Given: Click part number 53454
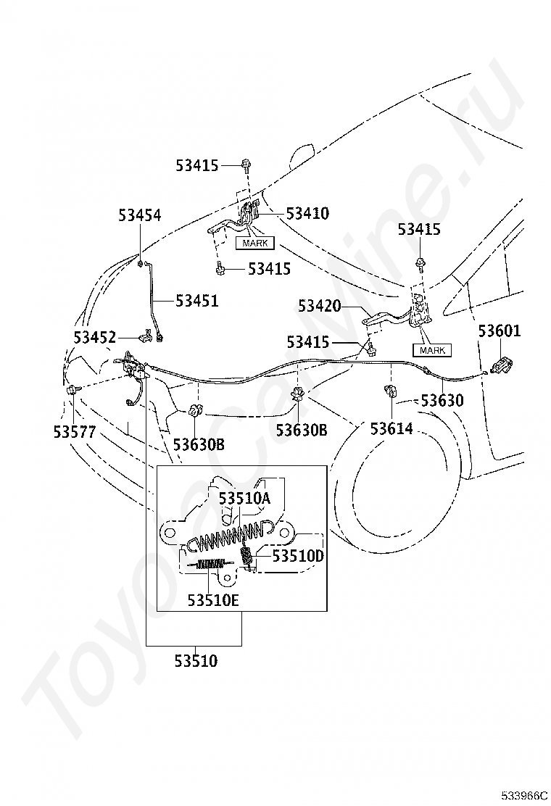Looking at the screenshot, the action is tap(140, 215).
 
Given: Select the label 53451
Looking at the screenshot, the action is tap(197, 301).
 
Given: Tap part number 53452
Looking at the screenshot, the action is tap(95, 338).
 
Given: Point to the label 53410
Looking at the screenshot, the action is tap(307, 213).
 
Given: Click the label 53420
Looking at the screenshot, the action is tap(320, 306).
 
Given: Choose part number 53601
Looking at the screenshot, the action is tap(500, 331).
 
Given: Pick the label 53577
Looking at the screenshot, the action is tap(75, 432).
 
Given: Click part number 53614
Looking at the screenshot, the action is tap(391, 428).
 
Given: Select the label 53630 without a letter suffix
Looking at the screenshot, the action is tap(442, 400).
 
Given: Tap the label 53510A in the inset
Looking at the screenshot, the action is tap(244, 499).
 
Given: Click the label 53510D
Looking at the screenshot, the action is tap(298, 556).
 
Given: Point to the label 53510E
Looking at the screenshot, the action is tap(213, 600).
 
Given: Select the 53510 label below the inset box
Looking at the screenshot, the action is tap(196, 660).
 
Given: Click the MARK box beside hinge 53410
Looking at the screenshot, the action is tap(255, 243).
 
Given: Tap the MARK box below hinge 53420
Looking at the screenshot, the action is tap(432, 351).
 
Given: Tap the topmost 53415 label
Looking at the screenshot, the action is tap(197, 165).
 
